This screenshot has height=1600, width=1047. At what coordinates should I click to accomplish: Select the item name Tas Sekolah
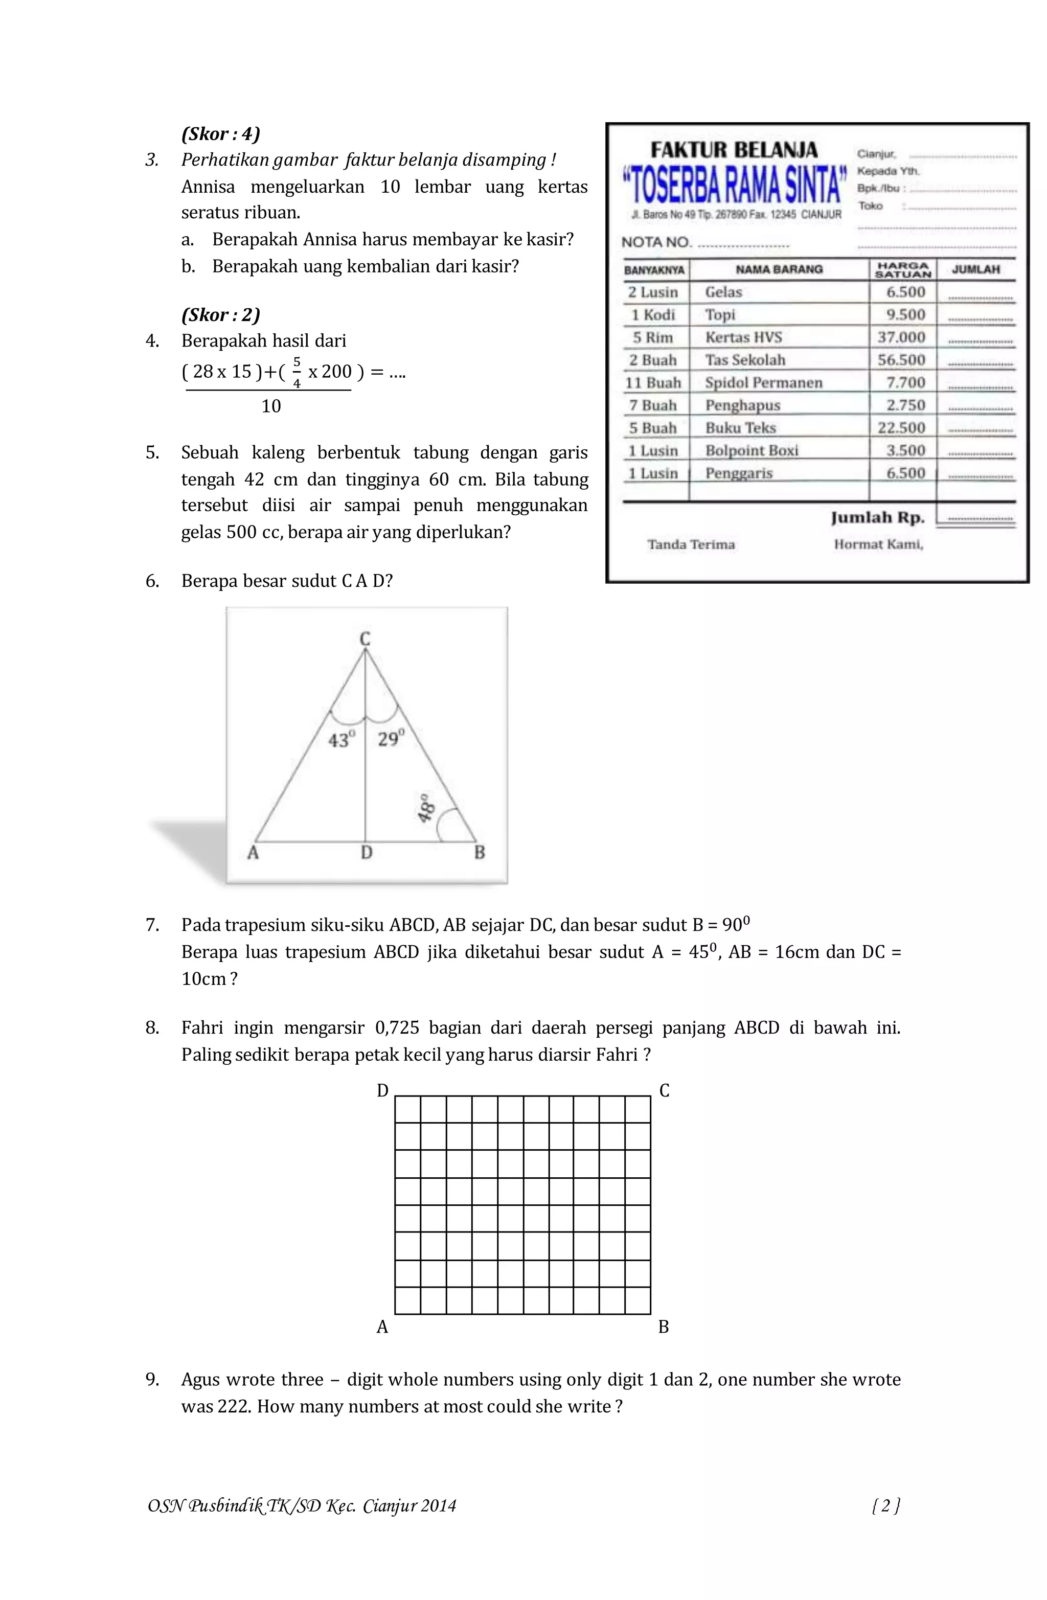pos(744,360)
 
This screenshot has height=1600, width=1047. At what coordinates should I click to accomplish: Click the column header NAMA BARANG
pos(779,269)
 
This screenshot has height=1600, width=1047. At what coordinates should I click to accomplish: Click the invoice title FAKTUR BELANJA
pos(734,150)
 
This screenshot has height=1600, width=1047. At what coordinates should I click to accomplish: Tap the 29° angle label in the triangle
pos(390,739)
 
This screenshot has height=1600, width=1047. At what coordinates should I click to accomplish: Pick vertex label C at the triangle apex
pos(365,638)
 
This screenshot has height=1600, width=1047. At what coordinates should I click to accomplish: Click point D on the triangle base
pos(366,853)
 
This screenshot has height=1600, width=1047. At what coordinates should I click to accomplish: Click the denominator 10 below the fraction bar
pos(271,406)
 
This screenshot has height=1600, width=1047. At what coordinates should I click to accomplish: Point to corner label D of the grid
pos(382,1091)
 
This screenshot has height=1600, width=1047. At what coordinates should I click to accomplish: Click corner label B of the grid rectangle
pos(663,1327)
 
